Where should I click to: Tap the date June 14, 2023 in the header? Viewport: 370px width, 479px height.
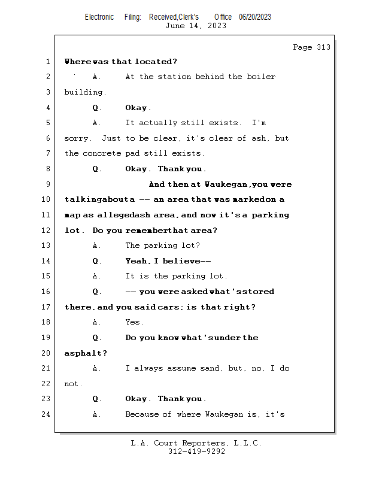(196, 25)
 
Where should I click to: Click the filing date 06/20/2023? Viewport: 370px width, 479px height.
(255, 17)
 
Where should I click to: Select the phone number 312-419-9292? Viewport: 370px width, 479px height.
(196, 451)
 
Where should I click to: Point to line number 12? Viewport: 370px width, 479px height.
(47, 231)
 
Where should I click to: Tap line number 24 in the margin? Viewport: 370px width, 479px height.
(47, 414)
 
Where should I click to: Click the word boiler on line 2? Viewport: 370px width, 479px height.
(261, 77)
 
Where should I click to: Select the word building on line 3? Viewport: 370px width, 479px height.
(85, 92)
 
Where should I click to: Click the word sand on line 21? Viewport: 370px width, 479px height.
(210, 368)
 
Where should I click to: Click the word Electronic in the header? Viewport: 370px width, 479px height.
(99, 17)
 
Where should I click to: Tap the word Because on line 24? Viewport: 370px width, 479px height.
(141, 414)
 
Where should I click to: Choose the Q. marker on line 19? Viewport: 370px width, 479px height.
(97, 338)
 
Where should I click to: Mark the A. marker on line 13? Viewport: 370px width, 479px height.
(97, 245)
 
